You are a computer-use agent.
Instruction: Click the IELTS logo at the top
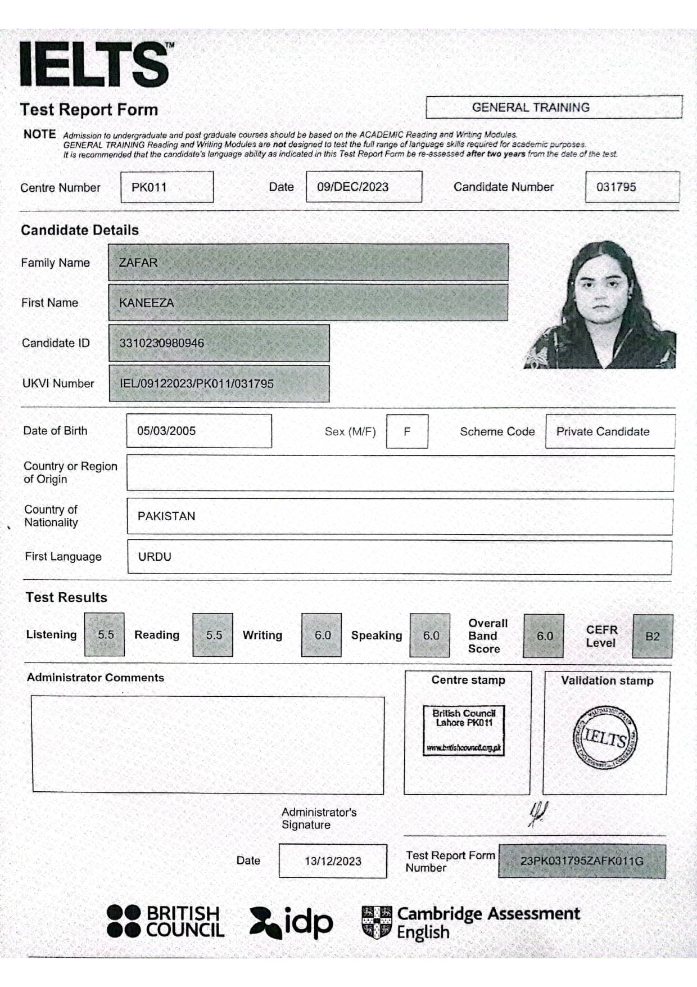(94, 64)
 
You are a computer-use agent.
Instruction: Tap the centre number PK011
(150, 187)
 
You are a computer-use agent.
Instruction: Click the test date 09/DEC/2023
(353, 187)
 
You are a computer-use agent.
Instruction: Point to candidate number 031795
(617, 187)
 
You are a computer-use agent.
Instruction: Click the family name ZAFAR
(138, 263)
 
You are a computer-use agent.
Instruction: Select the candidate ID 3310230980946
(162, 343)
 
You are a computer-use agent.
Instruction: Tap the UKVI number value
(197, 384)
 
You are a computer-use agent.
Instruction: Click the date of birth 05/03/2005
(167, 431)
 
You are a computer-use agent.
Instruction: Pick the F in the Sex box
(407, 431)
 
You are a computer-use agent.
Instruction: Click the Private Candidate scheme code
(603, 431)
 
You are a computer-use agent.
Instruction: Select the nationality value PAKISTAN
(167, 516)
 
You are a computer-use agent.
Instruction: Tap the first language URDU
(155, 557)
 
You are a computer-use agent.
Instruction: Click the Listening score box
(105, 635)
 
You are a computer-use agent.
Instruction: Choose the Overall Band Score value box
(544, 636)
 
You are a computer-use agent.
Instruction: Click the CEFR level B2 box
(652, 637)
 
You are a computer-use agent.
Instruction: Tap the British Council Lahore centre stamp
(464, 730)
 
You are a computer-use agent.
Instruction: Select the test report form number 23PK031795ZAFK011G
(582, 861)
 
